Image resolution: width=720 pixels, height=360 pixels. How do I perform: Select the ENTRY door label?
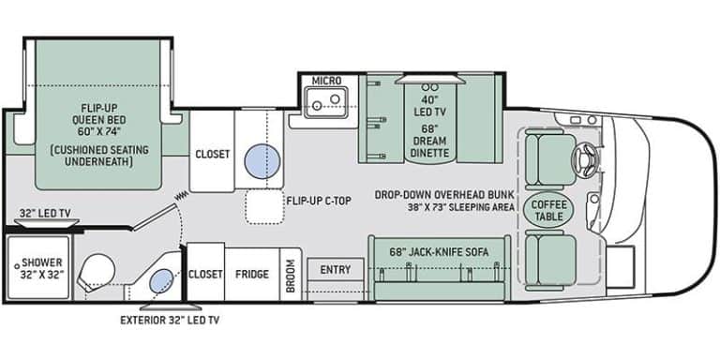(335, 270)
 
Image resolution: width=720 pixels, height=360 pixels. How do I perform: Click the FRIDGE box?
(252, 274)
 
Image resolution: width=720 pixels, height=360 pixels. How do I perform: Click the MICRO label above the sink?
(326, 81)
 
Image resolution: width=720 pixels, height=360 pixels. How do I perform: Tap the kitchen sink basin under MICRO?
(330, 99)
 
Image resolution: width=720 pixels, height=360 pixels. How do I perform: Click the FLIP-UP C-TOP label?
(313, 200)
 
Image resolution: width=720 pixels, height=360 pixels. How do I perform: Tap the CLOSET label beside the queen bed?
(213, 155)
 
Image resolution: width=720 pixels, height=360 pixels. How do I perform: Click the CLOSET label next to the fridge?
(205, 274)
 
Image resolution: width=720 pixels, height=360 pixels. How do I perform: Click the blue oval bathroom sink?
(162, 279)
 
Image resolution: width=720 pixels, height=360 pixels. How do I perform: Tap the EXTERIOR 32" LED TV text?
(170, 319)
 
